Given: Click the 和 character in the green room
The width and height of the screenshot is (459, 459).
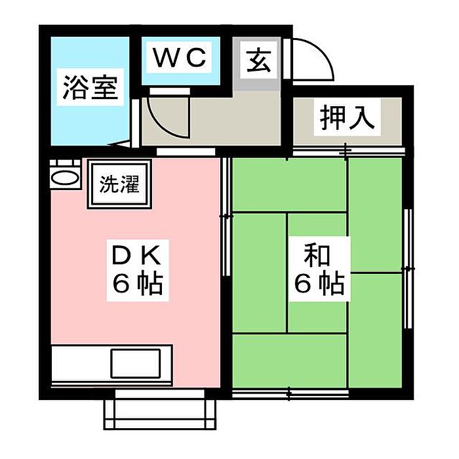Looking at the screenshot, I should (x=316, y=254).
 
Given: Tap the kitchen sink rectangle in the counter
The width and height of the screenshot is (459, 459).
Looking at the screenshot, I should (x=136, y=362).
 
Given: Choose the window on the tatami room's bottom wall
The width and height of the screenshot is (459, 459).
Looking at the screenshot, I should (x=289, y=394).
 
